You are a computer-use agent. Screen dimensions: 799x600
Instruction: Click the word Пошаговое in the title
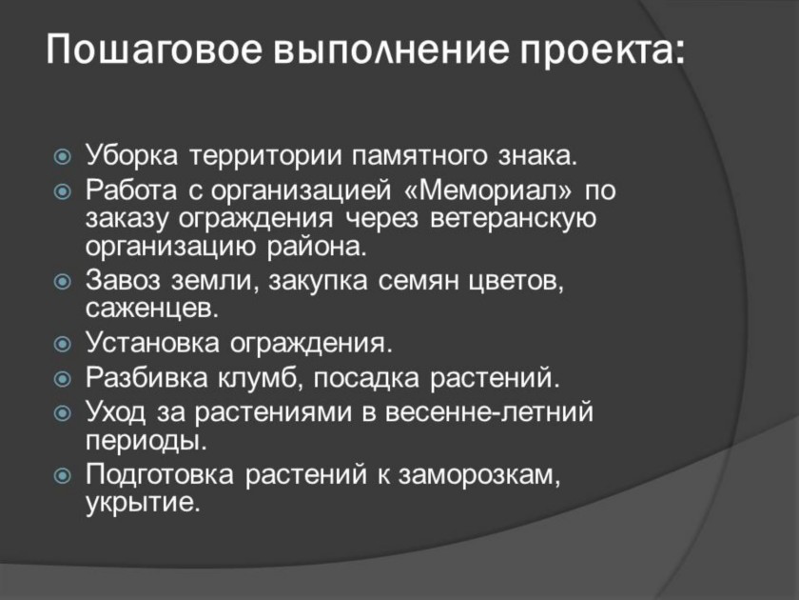tap(154, 50)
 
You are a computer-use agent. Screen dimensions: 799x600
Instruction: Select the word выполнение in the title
tap(391, 50)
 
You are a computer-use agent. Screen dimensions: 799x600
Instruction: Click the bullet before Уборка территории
tap(62, 156)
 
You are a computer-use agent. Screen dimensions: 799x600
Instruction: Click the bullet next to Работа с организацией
tap(62, 191)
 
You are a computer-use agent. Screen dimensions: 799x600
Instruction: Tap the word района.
tap(317, 247)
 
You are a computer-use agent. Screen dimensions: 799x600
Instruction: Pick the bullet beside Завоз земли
tap(62, 282)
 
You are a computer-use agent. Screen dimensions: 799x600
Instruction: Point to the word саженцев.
tap(152, 309)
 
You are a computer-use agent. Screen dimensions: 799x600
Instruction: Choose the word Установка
tap(152, 342)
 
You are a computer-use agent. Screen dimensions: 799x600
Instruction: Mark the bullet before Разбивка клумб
tap(62, 379)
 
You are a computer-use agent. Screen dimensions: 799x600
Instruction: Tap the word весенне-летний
tap(489, 411)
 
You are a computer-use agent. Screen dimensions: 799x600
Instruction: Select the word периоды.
tap(146, 441)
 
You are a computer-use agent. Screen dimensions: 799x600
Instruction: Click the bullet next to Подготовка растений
tap(62, 476)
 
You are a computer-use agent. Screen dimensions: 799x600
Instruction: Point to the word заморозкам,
tap(479, 475)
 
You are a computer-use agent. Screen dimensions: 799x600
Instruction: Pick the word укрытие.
tap(141, 503)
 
